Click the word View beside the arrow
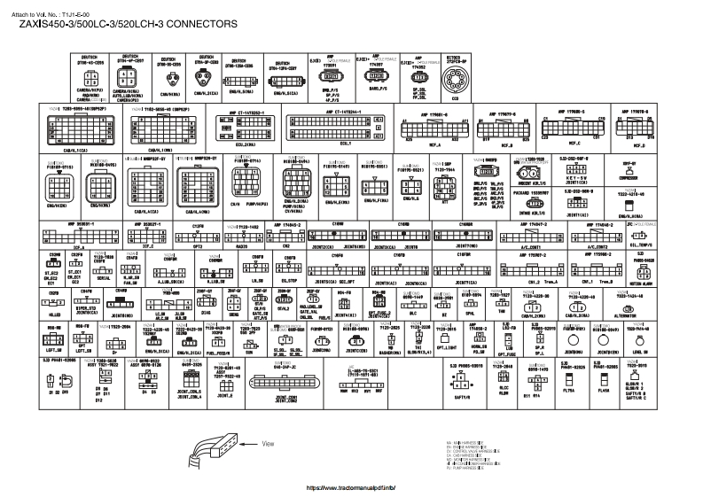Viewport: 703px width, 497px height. point(274,442)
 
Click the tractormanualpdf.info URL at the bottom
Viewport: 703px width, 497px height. point(348,487)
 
